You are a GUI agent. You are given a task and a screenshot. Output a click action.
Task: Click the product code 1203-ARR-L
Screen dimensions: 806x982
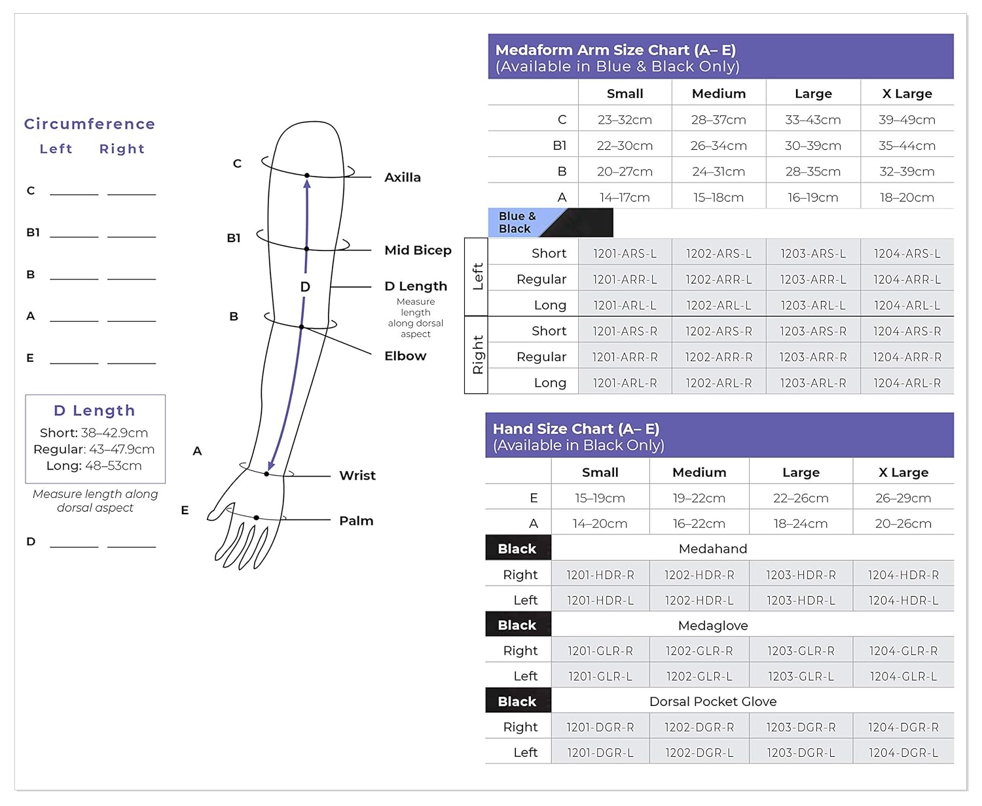coord(812,279)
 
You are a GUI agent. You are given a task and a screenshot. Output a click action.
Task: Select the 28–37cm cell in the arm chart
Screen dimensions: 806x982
coord(718,120)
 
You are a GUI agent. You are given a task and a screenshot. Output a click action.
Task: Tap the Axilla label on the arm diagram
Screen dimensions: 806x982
coord(402,177)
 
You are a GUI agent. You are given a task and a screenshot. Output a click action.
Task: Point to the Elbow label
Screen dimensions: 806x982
coord(405,356)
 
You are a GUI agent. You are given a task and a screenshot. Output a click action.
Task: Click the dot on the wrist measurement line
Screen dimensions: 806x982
coord(267,474)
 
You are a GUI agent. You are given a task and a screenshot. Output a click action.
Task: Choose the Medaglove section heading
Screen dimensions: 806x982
coord(712,625)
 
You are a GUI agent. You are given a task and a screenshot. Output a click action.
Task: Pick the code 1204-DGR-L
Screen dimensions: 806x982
coord(903,752)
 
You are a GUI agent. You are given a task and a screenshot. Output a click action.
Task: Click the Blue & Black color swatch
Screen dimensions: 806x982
coord(550,222)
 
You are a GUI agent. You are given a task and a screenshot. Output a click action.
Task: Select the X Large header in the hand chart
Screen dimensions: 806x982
coord(903,472)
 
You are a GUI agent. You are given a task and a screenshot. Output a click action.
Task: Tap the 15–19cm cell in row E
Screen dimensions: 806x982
coord(600,498)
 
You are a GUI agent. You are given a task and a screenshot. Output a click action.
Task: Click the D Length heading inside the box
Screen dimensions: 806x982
coord(94,410)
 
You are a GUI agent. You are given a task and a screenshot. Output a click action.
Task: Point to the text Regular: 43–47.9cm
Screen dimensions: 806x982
coord(94,449)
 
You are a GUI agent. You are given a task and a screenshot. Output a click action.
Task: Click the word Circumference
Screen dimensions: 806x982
coord(90,124)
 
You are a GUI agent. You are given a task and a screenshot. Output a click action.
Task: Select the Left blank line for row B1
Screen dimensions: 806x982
coord(74,236)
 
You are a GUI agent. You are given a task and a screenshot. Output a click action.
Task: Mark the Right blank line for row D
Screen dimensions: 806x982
coord(132,545)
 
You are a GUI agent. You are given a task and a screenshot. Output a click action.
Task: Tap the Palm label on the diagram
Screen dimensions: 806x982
coord(355,521)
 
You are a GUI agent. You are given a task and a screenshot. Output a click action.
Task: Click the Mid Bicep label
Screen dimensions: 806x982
coord(418,250)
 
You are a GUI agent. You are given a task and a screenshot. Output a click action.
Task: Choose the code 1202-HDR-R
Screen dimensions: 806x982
coord(699,575)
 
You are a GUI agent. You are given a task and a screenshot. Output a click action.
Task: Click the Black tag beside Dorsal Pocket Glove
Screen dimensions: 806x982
coord(517,701)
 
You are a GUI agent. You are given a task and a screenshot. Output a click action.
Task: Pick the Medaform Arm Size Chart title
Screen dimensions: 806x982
coord(615,50)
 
